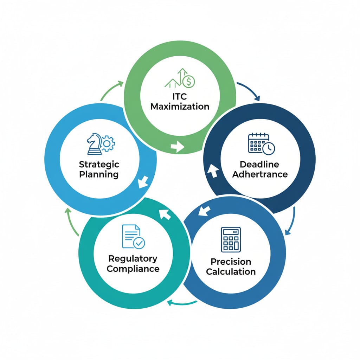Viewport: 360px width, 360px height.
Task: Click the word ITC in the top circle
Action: coord(180,96)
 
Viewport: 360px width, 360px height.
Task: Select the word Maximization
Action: coord(180,106)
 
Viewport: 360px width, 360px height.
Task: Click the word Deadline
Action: coord(259,164)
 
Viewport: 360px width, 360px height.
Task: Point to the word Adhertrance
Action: coord(259,174)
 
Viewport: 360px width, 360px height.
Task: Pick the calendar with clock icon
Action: coord(262,143)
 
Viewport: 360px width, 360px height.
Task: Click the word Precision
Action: coord(231,262)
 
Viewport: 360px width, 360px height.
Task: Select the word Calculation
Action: coord(231,272)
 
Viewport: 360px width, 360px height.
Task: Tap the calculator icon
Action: coord(231,239)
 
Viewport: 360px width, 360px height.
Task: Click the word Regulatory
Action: coord(133,258)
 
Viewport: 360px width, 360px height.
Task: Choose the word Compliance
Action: coord(133,269)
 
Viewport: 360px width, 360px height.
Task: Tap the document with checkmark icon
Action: coord(133,236)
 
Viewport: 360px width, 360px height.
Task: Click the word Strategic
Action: coord(99,164)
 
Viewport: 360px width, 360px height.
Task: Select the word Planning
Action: coord(99,174)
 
